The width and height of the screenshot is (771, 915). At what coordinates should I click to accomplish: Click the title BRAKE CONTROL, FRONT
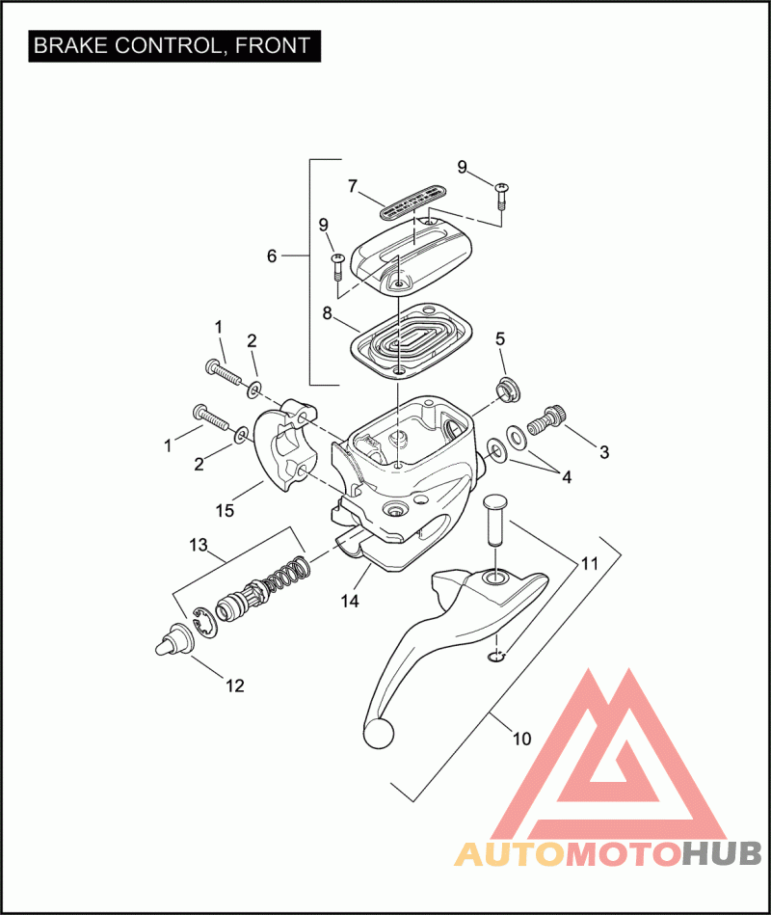tap(173, 45)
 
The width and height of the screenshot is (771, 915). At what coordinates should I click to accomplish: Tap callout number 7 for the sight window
tap(353, 184)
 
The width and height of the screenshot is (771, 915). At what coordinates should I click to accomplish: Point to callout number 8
tap(327, 312)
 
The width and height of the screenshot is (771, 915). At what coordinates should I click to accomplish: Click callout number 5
tap(500, 338)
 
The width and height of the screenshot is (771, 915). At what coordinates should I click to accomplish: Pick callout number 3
tap(604, 451)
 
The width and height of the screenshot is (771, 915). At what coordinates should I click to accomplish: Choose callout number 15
tap(225, 510)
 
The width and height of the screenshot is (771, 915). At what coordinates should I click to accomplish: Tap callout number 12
tap(235, 686)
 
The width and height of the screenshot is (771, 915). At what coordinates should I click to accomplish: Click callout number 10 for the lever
tap(521, 740)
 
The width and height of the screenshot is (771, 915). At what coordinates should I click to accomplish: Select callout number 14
tap(349, 600)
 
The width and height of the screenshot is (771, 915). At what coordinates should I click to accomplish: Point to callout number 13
tap(199, 546)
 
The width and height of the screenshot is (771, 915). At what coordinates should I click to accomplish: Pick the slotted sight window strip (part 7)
tap(410, 202)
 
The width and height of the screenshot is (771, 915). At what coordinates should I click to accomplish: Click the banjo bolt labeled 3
tap(550, 420)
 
